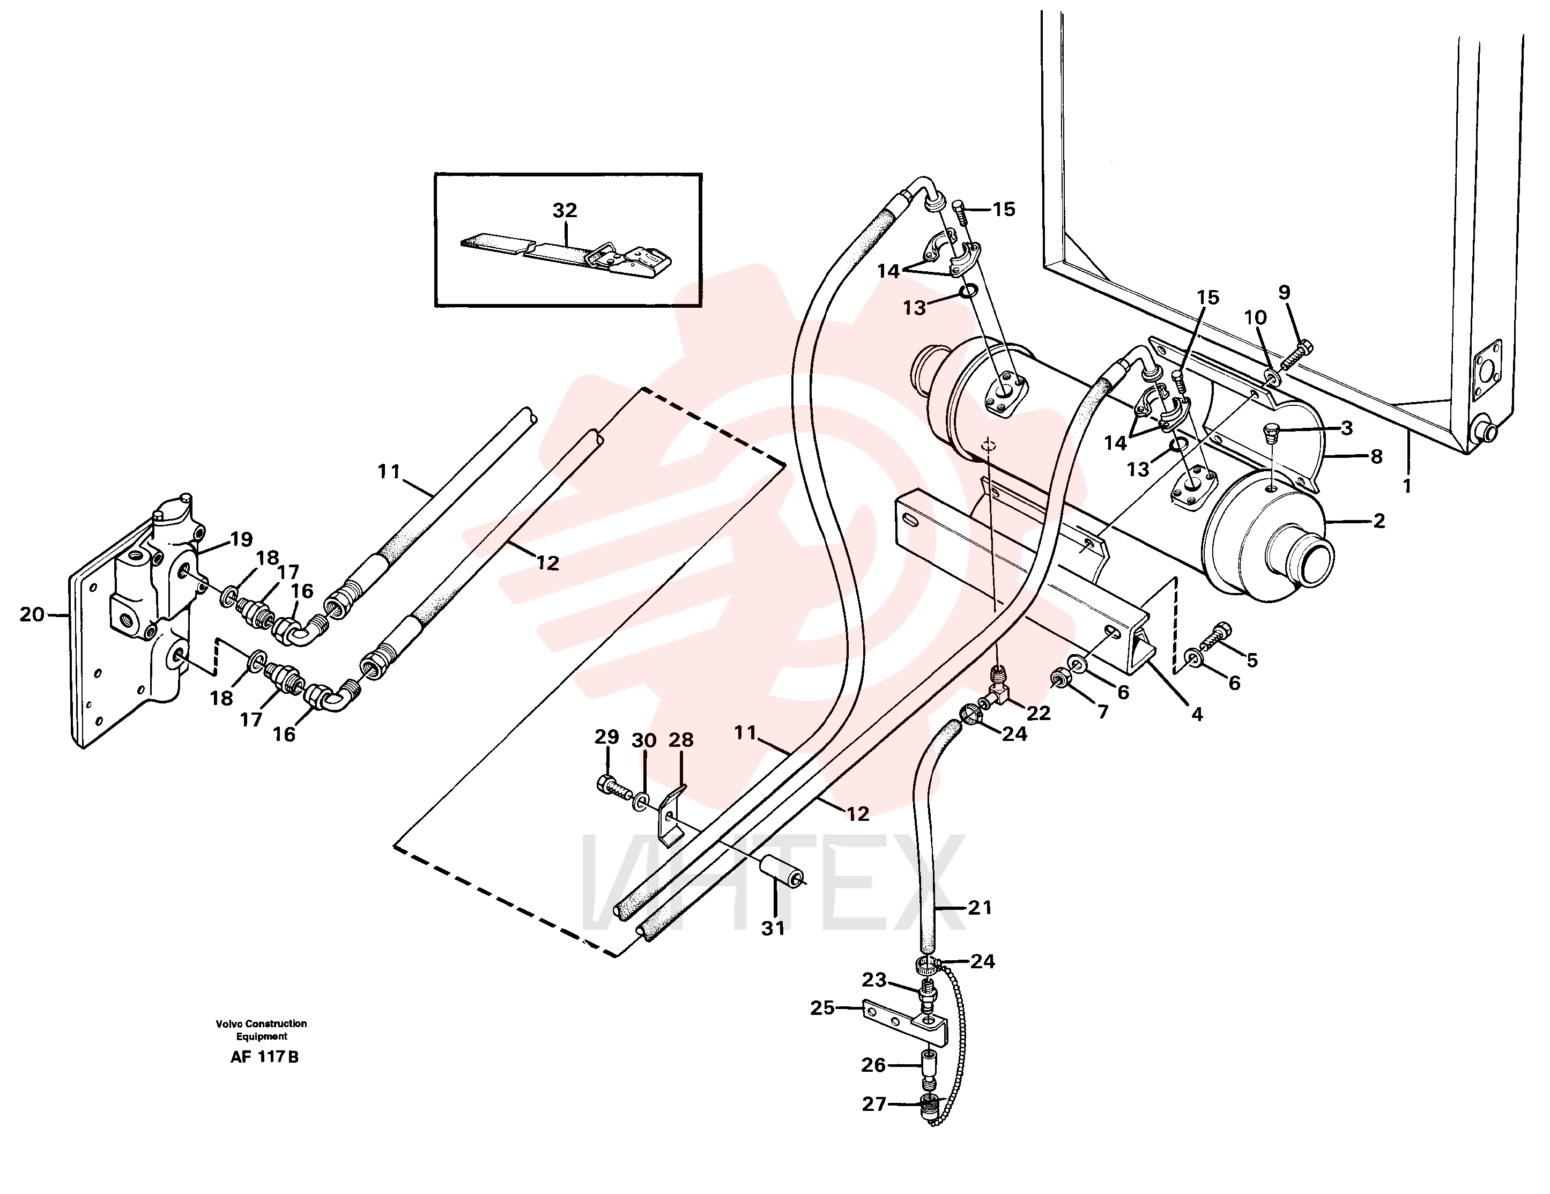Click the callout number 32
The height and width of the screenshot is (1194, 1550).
[x=565, y=210]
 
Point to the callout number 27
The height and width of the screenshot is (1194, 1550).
[x=874, y=1104]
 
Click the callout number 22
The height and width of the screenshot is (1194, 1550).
[x=1039, y=713]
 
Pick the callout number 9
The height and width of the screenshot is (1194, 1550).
[x=1284, y=292]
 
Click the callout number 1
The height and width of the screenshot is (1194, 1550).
[x=1407, y=486]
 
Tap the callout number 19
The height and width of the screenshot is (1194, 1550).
[x=241, y=539]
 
